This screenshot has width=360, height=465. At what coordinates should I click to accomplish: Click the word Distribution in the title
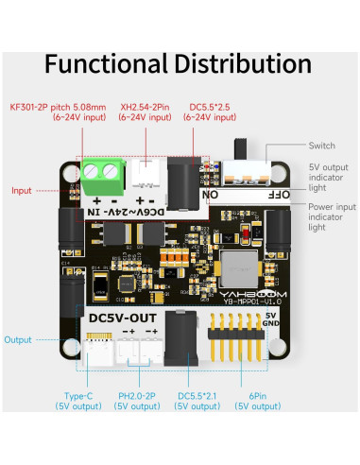click(x=241, y=64)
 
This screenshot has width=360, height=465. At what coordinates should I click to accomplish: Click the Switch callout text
click(x=322, y=146)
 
